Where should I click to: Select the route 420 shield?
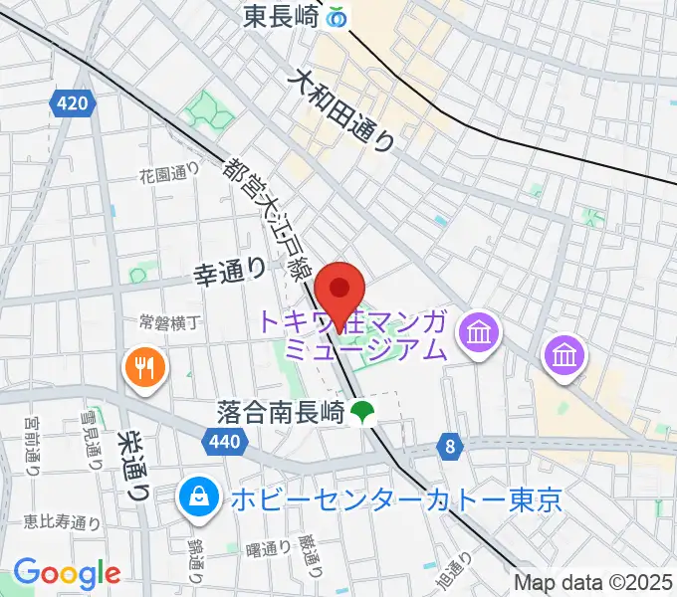pos(75,101)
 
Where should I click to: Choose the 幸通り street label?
pos(229,270)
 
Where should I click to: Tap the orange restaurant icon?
pos(146,369)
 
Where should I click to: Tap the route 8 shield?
pos(451,448)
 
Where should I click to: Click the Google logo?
pos(67,572)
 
